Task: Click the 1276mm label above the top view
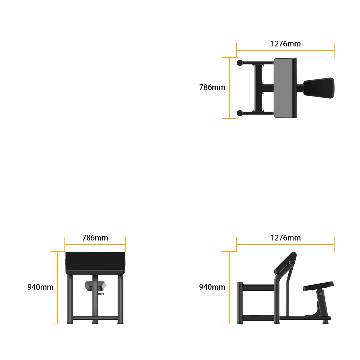(285, 44)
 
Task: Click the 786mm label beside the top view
(212, 87)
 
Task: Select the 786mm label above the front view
(95, 238)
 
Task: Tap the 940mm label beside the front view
(40, 287)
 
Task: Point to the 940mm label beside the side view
(212, 287)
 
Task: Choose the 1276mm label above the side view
(285, 238)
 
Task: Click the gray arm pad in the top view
(285, 88)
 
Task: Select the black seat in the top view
(319, 88)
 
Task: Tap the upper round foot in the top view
(240, 63)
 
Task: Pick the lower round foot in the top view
(240, 113)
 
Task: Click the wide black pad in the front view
(95, 262)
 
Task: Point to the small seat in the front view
(95, 286)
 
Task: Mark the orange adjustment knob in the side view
(320, 294)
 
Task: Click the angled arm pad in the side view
(285, 263)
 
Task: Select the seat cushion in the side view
(319, 286)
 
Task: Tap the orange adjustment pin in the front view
(101, 294)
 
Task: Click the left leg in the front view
(70, 299)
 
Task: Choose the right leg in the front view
(121, 299)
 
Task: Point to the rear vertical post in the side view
(240, 303)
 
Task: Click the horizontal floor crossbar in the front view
(95, 318)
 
